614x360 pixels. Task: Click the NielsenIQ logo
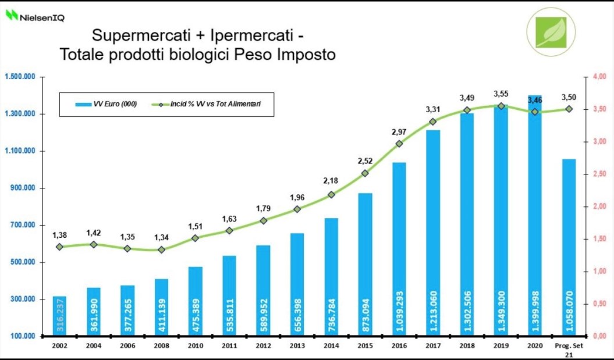coord(35,16)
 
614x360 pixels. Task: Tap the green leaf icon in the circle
coord(550,31)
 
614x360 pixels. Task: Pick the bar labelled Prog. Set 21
coord(569,247)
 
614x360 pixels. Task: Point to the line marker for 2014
coord(331,195)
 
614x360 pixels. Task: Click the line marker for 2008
coord(162,249)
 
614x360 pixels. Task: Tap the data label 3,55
coord(501,94)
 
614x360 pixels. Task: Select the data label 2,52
coord(365,161)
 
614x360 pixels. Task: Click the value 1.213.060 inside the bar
coord(433,311)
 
